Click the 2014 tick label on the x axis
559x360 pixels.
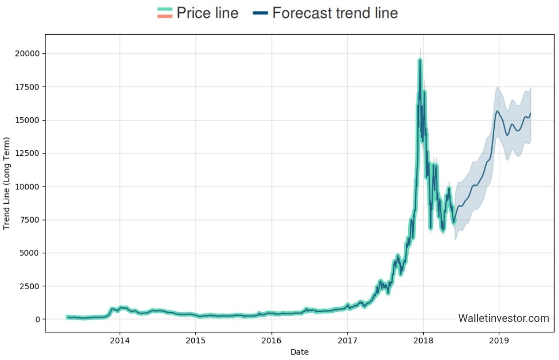pos(119,340)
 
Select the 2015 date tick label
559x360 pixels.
pos(195,340)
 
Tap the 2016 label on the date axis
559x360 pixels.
pos(271,340)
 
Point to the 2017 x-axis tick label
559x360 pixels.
pos(347,340)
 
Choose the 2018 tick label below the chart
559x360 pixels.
pos(423,340)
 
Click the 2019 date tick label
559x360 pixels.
pos(499,340)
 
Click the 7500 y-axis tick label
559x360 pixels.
pos(31,220)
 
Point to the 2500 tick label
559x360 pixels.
pos(31,286)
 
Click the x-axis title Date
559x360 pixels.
pos(300,352)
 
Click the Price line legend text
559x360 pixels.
pos(208,13)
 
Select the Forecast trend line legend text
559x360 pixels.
pos(335,13)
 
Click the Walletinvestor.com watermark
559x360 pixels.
pos(503,318)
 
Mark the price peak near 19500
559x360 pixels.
pos(420,60)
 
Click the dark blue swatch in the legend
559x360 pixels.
pos(260,13)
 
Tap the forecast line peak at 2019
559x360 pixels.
pos(497,111)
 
